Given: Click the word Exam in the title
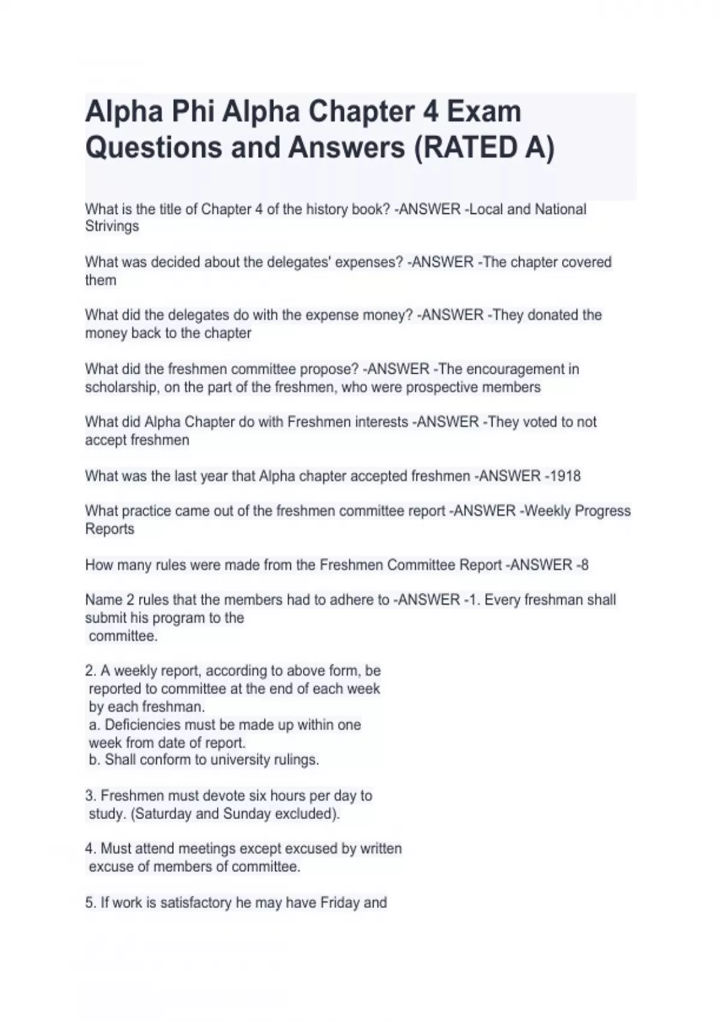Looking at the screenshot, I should pyautogui.click(x=488, y=112).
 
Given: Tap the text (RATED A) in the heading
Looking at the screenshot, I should pyautogui.click(x=484, y=147).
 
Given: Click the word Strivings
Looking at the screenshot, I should pyautogui.click(x=112, y=226).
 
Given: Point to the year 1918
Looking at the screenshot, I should pyautogui.click(x=564, y=476).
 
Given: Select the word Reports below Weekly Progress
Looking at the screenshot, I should pyautogui.click(x=109, y=529).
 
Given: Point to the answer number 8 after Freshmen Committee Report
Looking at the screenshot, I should pyautogui.click(x=585, y=565).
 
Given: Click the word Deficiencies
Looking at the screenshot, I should pyautogui.click(x=142, y=725).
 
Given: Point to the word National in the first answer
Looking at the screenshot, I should pyautogui.click(x=560, y=210).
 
